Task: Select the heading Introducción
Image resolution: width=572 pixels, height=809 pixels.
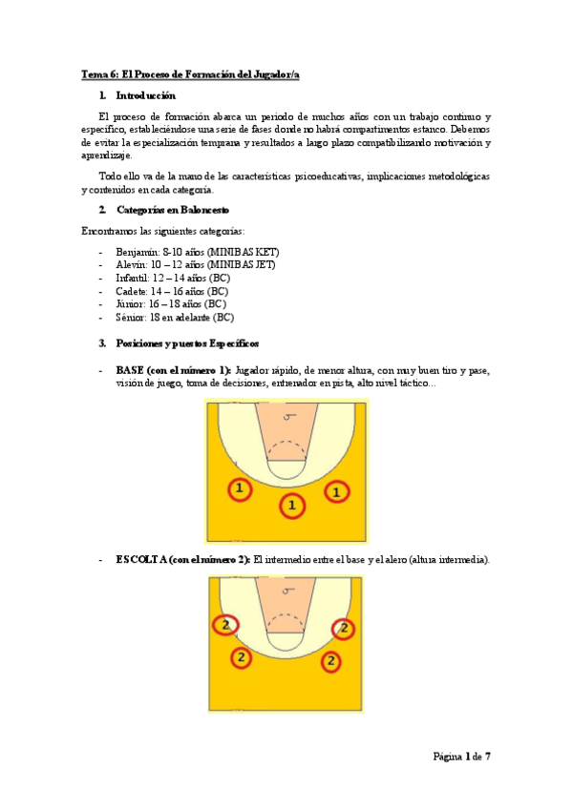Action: [145, 95]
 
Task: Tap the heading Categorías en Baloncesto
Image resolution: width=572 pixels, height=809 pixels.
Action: [171, 210]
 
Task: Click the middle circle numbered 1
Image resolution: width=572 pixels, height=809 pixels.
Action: [292, 505]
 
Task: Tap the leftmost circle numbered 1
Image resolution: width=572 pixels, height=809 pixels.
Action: [239, 489]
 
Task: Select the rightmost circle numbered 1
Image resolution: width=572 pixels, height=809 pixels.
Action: [335, 491]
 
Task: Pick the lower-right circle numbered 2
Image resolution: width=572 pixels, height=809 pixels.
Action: [330, 660]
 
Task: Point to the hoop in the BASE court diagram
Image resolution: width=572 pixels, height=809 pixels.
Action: [286, 416]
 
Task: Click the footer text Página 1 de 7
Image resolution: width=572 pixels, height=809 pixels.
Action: [461, 757]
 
